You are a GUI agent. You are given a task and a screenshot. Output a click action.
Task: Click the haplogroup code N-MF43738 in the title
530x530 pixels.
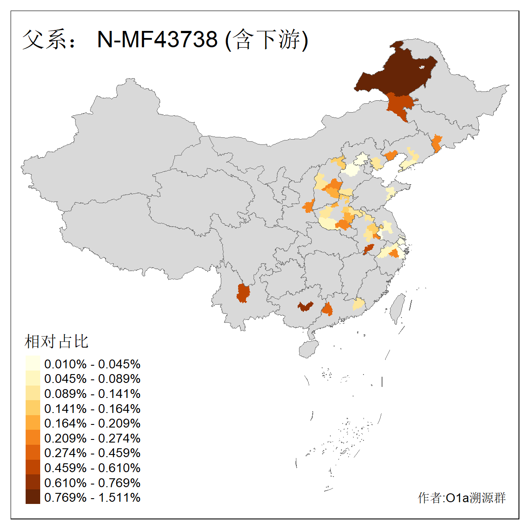coord(157,39)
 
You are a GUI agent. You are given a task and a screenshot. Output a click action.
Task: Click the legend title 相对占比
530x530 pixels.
coord(57,341)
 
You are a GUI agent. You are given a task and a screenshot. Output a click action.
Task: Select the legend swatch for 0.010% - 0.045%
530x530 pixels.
coord(33,363)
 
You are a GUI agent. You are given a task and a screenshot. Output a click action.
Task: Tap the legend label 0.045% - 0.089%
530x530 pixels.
coord(92,379)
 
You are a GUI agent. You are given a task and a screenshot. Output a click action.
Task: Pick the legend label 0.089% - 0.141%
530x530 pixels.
coord(92,394)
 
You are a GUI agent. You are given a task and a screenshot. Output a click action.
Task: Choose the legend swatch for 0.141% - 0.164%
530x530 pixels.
coord(33,408)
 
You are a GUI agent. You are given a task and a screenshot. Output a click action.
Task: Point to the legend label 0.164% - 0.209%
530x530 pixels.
coord(92,423)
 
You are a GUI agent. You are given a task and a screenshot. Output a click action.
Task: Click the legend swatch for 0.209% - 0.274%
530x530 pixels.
coord(33,438)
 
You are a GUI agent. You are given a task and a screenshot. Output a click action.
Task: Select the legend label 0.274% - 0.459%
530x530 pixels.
coord(92,453)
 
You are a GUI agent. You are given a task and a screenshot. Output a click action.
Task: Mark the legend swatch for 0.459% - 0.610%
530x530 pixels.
coord(33,467)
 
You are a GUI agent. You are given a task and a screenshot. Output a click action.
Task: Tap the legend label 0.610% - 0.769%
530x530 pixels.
coord(92,482)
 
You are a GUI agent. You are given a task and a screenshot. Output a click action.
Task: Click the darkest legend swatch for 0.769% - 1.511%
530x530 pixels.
coord(33,497)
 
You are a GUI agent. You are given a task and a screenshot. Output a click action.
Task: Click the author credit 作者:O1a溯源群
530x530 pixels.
coord(462,498)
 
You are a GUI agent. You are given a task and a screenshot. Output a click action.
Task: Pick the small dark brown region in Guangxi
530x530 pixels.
coord(305,306)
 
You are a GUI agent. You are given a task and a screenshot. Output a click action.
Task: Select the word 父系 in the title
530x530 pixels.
coord(40,39)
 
